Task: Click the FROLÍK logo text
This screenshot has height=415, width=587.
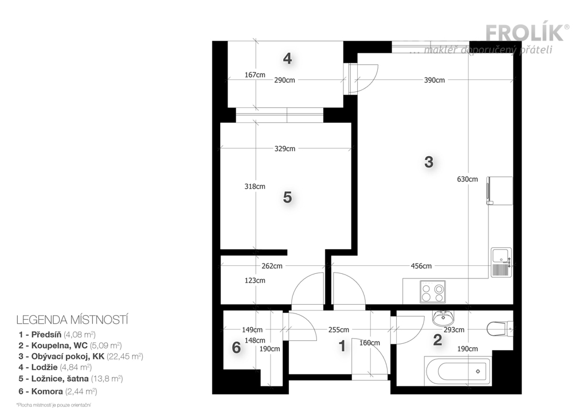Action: (525, 33)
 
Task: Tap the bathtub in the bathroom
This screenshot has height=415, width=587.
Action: (458, 371)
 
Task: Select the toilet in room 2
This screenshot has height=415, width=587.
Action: (500, 329)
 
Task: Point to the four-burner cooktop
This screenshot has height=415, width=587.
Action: (433, 292)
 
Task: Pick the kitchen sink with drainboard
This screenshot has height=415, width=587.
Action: (501, 262)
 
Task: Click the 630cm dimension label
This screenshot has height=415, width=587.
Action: (467, 179)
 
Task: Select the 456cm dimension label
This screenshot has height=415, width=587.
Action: (421, 266)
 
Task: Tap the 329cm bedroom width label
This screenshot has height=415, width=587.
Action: (285, 149)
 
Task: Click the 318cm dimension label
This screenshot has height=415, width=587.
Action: (255, 187)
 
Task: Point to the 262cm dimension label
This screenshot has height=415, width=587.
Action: (272, 266)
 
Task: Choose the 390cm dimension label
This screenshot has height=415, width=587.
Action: (435, 80)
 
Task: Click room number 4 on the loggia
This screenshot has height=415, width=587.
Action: (287, 59)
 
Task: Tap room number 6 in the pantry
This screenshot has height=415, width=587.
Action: (236, 347)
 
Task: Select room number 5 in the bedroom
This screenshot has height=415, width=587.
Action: (287, 197)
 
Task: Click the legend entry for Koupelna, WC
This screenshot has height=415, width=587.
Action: (70, 346)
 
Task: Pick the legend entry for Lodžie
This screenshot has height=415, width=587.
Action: (55, 367)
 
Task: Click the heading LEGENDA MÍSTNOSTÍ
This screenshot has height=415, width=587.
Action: (72, 320)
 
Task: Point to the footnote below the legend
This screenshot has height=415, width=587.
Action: (53, 405)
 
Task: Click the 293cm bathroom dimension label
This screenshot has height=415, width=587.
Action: (454, 330)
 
